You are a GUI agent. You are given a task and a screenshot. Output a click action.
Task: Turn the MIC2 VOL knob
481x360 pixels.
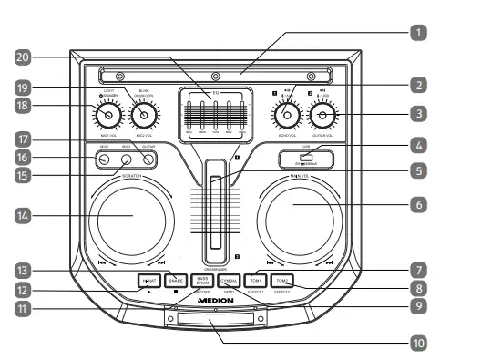click(x=144, y=116)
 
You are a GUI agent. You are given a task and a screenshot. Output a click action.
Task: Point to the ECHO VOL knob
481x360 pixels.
click(x=286, y=116)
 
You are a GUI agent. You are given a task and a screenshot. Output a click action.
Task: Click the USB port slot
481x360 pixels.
click(x=305, y=159)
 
